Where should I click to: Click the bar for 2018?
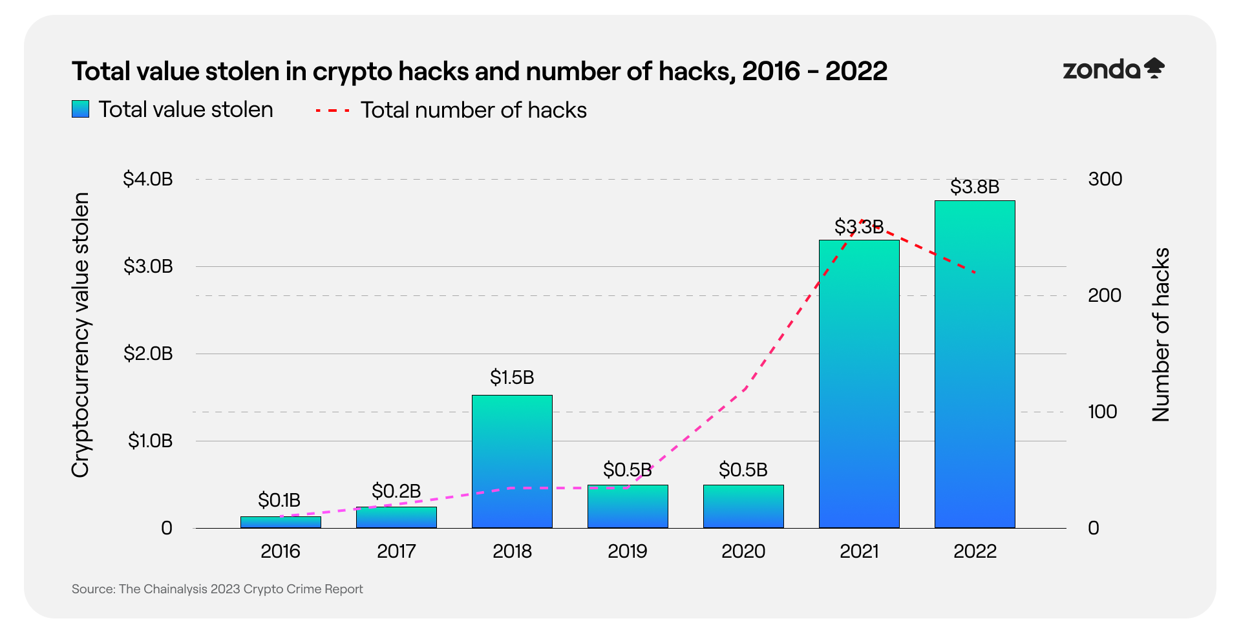point(512,461)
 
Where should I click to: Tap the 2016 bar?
point(281,522)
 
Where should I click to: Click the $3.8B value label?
point(975,187)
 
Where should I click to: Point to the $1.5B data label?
point(512,377)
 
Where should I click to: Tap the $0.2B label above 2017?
point(396,491)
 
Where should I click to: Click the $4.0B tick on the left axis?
point(148,179)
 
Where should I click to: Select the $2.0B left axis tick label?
point(148,354)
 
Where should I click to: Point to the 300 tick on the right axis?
point(1105,179)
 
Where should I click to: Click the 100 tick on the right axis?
point(1102,412)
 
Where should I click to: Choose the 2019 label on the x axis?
point(627,551)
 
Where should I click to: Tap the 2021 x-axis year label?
point(859,551)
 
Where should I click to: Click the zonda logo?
point(1113,69)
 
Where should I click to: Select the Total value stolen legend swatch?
point(80,109)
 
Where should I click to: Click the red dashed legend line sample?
point(332,111)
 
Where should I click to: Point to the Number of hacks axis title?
point(1161,335)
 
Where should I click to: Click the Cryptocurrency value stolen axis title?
point(80,335)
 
